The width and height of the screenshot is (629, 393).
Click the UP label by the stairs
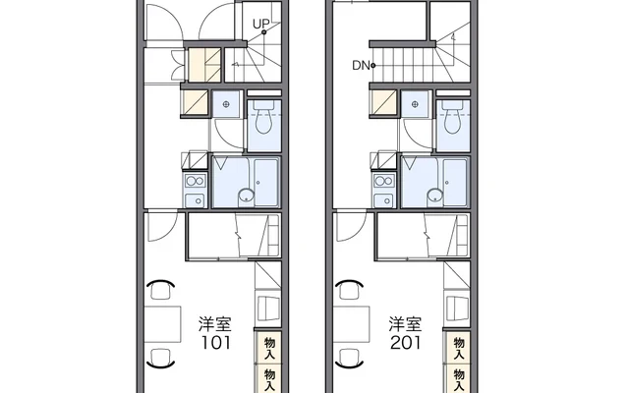coord(261,23)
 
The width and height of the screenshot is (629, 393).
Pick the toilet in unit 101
coord(262,121)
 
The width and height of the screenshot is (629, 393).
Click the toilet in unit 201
coord(452,121)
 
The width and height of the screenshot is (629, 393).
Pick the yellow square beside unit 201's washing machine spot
coord(384,103)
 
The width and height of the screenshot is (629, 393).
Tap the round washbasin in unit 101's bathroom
coord(244,196)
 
